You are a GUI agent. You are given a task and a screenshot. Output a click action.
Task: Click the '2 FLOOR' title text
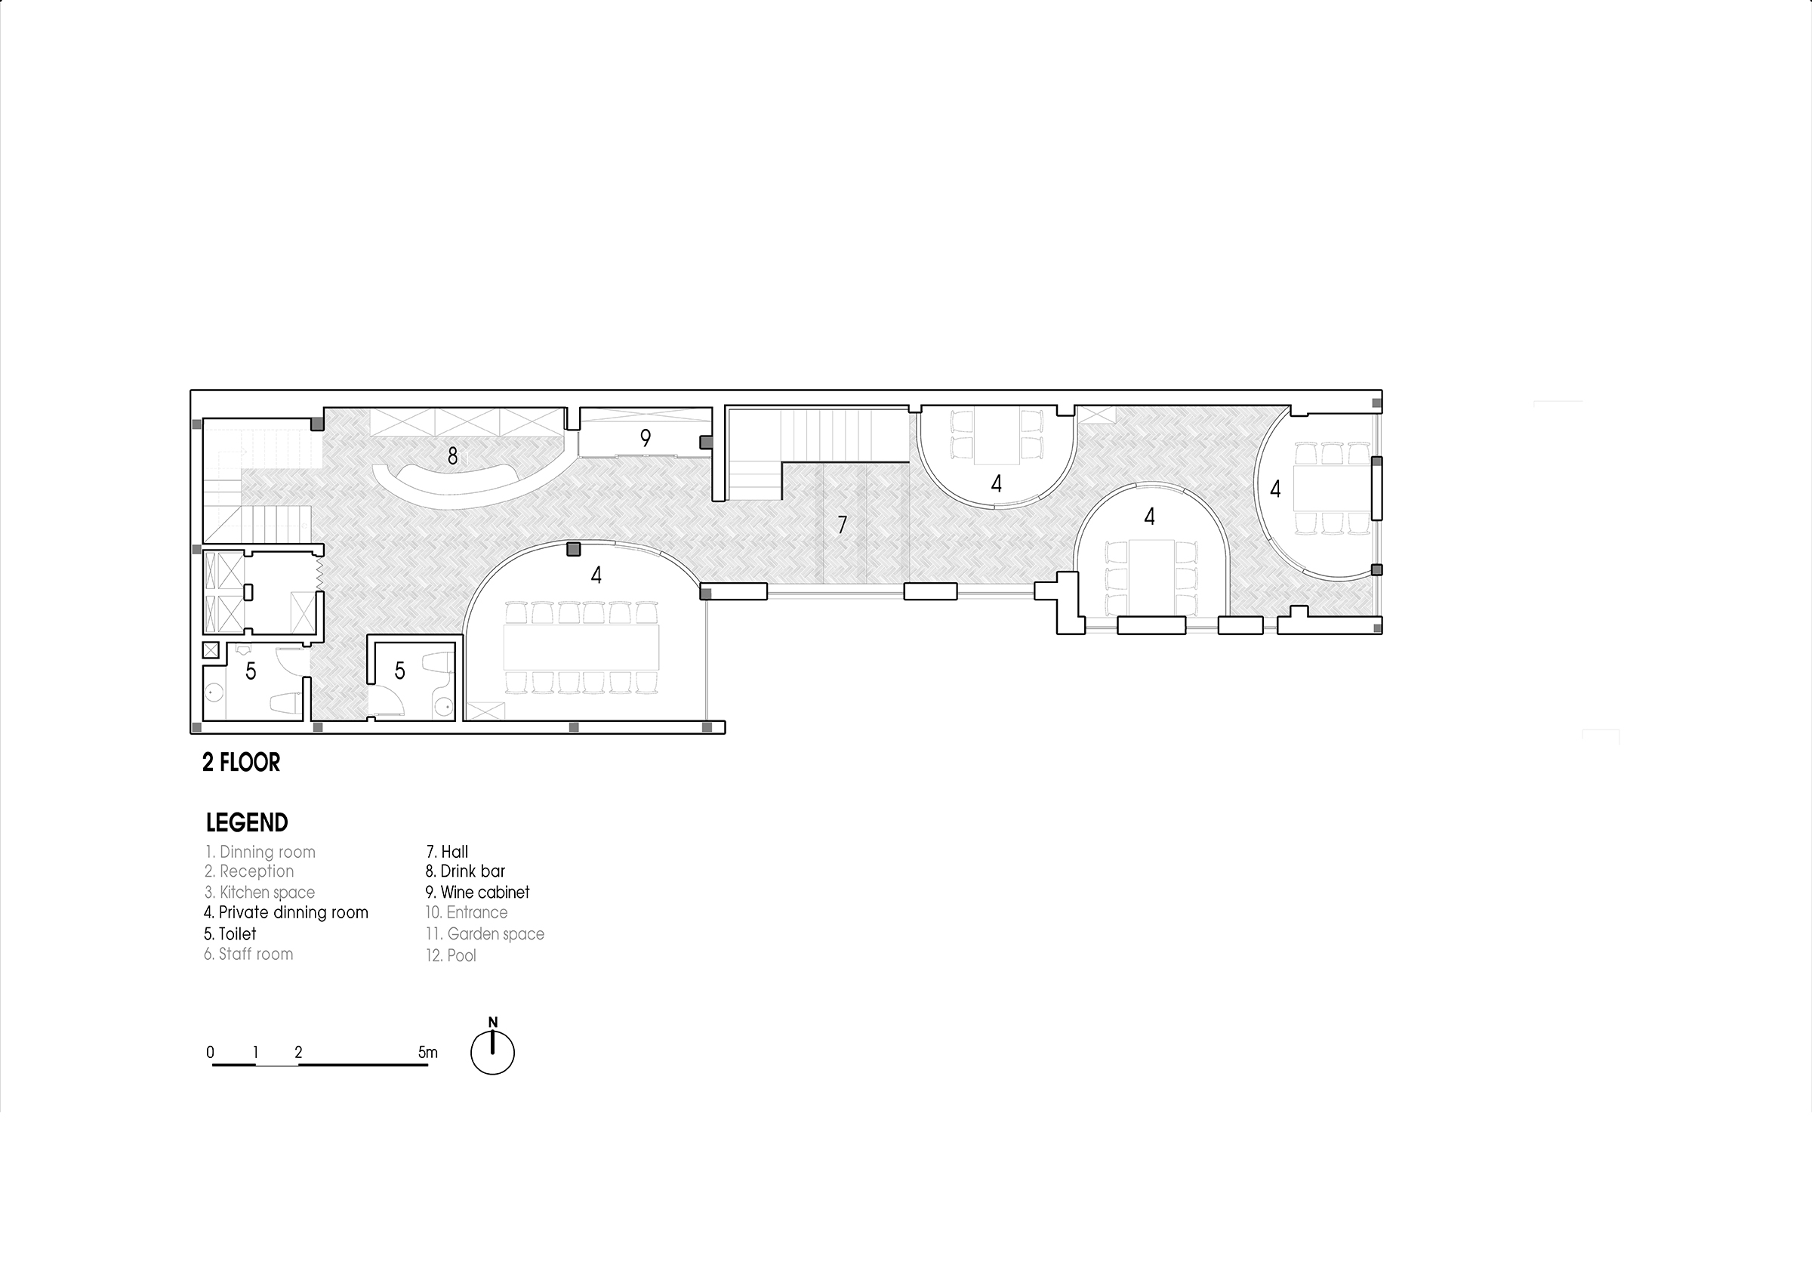pyautogui.click(x=242, y=762)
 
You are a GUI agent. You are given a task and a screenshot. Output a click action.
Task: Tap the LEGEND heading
pyautogui.click(x=247, y=822)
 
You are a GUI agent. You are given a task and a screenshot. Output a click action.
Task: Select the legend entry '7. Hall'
pyautogui.click(x=447, y=852)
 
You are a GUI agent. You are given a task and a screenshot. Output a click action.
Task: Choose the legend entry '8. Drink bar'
pyautogui.click(x=465, y=871)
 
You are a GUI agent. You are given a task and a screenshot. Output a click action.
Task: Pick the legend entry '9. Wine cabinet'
pyautogui.click(x=477, y=892)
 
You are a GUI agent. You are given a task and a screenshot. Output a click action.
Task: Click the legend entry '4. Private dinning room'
pyautogui.click(x=285, y=912)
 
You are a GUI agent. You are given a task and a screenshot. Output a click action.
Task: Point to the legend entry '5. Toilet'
pyautogui.click(x=230, y=933)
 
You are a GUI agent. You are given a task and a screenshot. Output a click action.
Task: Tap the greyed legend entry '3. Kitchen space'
pyautogui.click(x=259, y=892)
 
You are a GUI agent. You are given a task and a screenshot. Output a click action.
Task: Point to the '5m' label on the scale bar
pyautogui.click(x=428, y=1052)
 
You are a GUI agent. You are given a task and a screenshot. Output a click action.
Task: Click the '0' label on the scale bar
pyautogui.click(x=210, y=1052)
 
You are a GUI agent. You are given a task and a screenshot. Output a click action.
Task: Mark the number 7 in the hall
pyautogui.click(x=842, y=525)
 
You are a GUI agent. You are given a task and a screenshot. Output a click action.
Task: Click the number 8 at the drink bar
pyautogui.click(x=452, y=456)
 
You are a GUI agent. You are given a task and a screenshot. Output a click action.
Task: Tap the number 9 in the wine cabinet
pyautogui.click(x=646, y=438)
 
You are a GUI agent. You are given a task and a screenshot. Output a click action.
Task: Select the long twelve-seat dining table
pyautogui.click(x=581, y=648)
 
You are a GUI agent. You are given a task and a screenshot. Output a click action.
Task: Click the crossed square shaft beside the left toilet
pyautogui.click(x=211, y=651)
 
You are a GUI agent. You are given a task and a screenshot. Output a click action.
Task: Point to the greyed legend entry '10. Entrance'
pyautogui.click(x=467, y=912)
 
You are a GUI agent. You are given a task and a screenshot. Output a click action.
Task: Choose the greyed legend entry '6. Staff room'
pyautogui.click(x=248, y=954)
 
